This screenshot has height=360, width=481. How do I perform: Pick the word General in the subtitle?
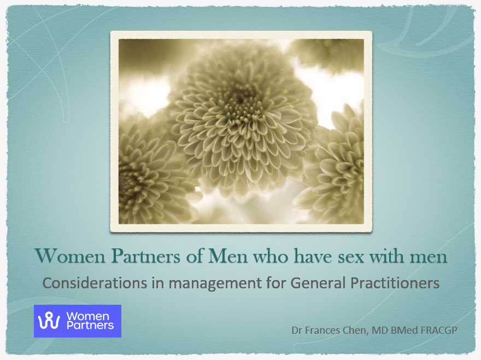(312, 283)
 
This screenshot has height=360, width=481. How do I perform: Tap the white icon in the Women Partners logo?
(52, 321)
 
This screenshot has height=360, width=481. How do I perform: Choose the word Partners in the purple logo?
(90, 326)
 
